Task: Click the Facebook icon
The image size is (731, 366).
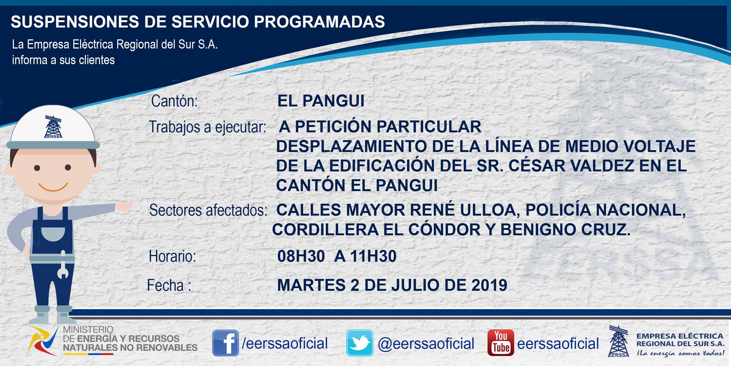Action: [225, 343]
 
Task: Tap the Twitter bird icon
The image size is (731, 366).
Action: [360, 343]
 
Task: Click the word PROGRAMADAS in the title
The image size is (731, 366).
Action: [319, 22]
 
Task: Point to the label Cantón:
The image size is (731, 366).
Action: [174, 101]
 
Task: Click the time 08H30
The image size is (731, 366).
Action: [301, 256]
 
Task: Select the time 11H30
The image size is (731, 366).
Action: [373, 256]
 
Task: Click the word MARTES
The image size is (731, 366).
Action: [311, 285]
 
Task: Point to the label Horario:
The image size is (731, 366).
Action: [172, 256]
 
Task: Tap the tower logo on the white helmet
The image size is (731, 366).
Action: [53, 127]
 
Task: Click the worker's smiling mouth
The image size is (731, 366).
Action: [53, 187]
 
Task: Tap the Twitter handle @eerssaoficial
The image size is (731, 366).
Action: [426, 344]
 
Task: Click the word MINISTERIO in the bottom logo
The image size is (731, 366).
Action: [88, 330]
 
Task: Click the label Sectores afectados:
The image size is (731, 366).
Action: [208, 210]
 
